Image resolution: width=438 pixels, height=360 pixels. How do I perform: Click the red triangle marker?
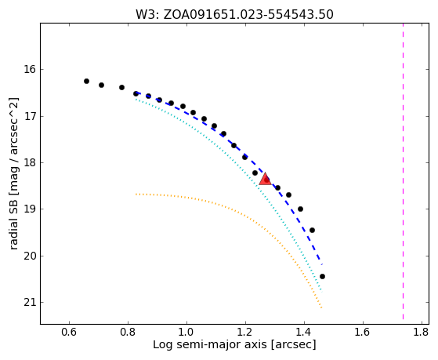point(265,180)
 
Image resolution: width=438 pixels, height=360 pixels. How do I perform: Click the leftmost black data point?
point(87,81)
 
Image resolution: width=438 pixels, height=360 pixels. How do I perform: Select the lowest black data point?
point(322,276)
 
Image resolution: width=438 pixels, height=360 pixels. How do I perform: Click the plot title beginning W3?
point(234,14)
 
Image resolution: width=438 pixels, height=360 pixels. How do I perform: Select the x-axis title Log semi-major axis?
point(234,344)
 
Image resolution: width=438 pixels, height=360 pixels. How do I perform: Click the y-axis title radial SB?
point(13,173)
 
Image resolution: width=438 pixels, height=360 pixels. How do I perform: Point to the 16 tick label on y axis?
point(30,69)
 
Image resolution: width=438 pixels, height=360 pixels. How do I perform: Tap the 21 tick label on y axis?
point(30,303)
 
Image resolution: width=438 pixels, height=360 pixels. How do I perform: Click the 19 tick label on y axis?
point(30,209)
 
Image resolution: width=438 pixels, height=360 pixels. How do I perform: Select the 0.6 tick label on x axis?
point(69,333)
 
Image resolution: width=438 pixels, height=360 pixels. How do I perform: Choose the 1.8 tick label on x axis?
point(422,333)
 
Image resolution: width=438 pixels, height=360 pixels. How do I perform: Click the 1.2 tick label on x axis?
point(245,333)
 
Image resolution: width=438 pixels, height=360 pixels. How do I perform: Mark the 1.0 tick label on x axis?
point(186,333)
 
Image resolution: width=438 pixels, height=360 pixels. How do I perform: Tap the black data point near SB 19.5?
point(313,231)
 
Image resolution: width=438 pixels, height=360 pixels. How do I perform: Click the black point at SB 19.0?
point(301,209)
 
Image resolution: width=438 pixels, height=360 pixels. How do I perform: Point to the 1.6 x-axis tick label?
point(363,333)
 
